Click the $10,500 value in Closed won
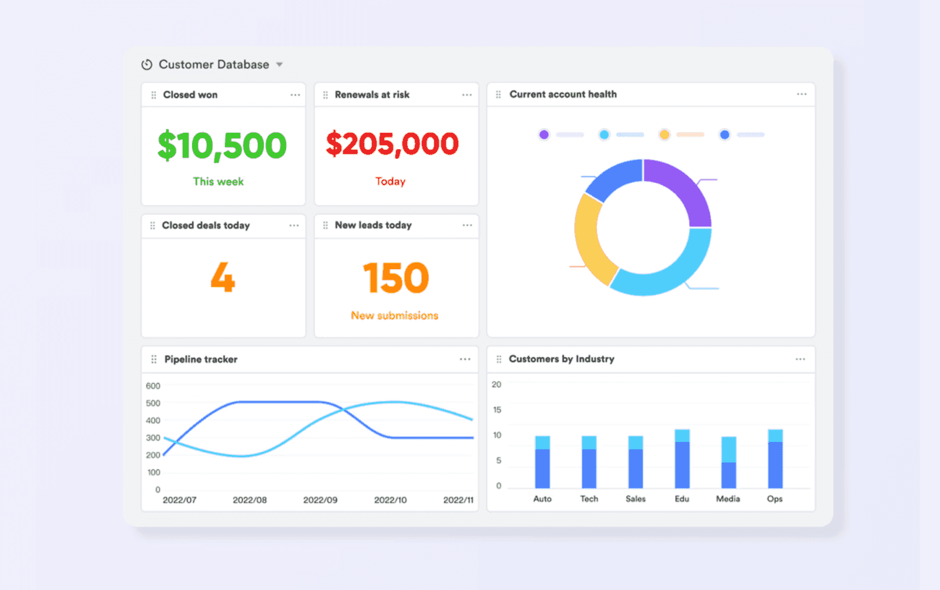tap(222, 145)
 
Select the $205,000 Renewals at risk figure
tap(392, 144)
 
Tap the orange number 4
tap(223, 277)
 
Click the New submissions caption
tap(395, 316)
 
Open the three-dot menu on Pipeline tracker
tap(465, 359)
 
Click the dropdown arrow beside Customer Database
tap(280, 65)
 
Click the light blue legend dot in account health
tap(604, 135)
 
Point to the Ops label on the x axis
tap(774, 499)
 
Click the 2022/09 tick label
tap(320, 500)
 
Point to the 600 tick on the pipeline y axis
tap(153, 386)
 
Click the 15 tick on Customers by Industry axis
tap(497, 410)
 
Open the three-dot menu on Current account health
tap(801, 94)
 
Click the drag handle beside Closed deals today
tap(153, 226)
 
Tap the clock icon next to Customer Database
tap(147, 65)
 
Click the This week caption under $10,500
tap(218, 182)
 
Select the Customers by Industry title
tap(561, 359)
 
